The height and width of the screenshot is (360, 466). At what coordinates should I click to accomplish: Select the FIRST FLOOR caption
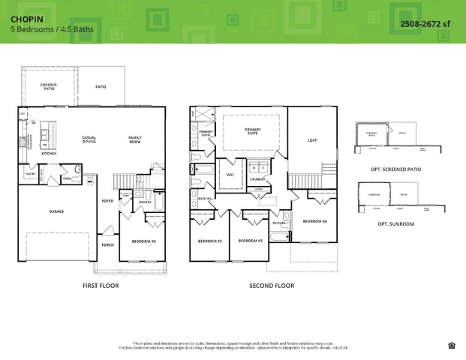[x=100, y=286]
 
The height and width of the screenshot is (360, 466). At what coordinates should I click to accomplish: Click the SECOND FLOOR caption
[x=272, y=286]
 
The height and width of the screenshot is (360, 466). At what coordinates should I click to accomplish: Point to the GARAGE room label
[x=56, y=211]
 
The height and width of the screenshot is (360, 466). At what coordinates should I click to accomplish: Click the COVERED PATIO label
[x=49, y=87]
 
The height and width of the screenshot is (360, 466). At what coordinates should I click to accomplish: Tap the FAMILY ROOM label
[x=135, y=139]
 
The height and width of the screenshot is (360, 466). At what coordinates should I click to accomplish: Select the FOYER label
[x=107, y=201]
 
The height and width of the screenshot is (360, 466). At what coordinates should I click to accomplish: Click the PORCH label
[x=107, y=244]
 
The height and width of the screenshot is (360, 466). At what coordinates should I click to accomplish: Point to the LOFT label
[x=313, y=140]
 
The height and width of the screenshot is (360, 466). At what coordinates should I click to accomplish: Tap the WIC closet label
[x=230, y=174]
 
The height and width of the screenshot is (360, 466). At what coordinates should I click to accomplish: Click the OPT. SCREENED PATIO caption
[x=395, y=169]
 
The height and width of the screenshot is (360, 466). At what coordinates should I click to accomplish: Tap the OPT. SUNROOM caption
[x=395, y=223]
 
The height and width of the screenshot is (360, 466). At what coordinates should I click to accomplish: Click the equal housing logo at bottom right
[x=450, y=345]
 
